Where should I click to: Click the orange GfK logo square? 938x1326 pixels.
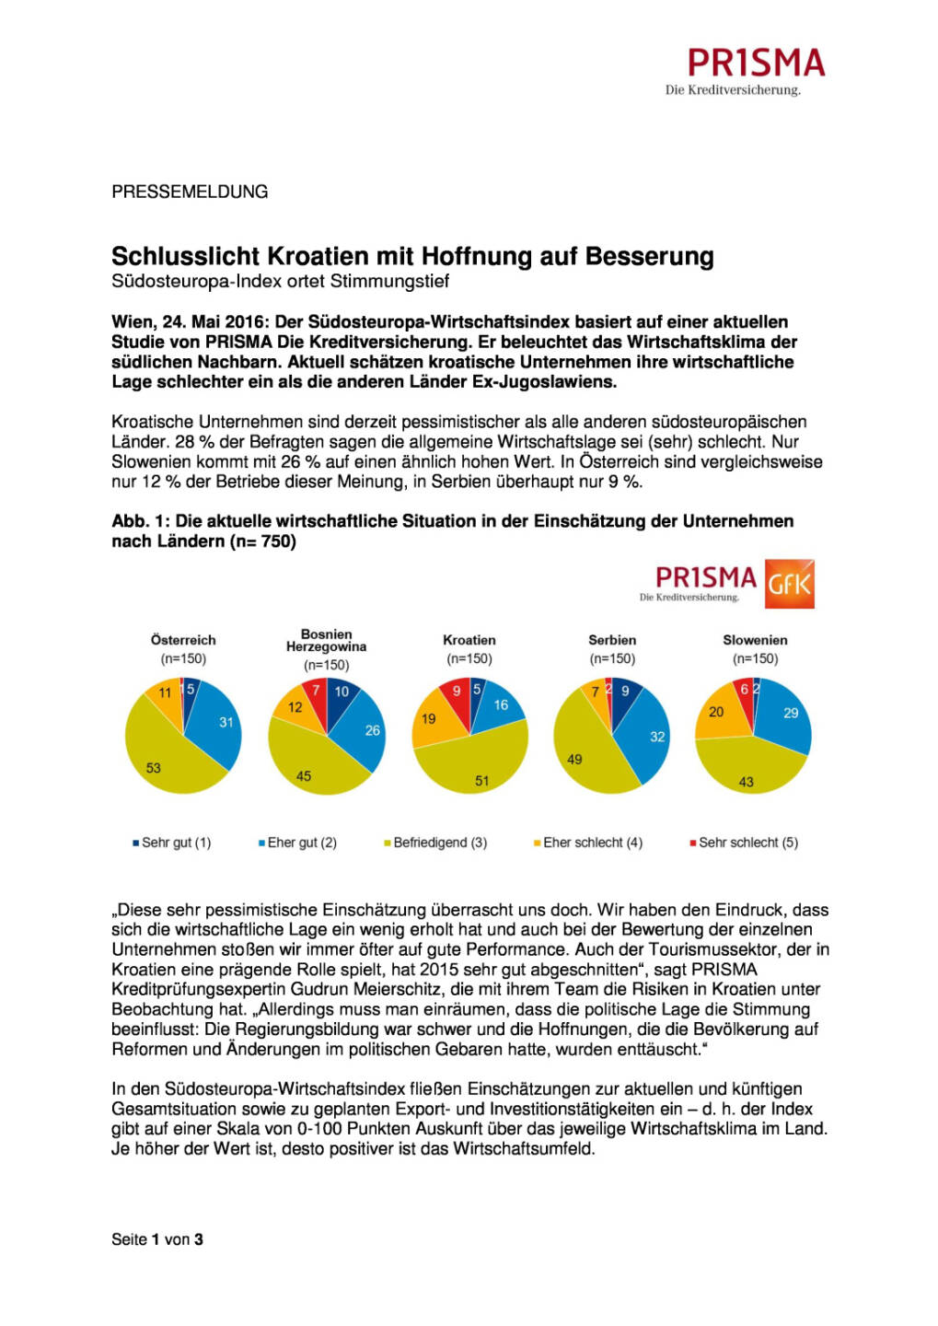[789, 584]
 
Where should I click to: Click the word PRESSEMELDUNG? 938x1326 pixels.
[190, 192]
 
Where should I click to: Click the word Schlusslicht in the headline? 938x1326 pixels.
[186, 256]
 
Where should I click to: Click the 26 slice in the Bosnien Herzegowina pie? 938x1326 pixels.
[366, 732]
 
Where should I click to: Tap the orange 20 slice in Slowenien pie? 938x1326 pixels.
[717, 714]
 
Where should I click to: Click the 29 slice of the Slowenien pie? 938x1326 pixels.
[788, 716]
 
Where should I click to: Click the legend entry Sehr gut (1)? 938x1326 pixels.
[175, 843]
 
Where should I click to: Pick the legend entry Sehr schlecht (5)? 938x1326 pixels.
[747, 843]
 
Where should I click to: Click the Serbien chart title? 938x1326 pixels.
[612, 640]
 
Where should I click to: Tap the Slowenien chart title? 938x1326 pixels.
[755, 640]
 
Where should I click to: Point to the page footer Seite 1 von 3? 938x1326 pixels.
[157, 1239]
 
